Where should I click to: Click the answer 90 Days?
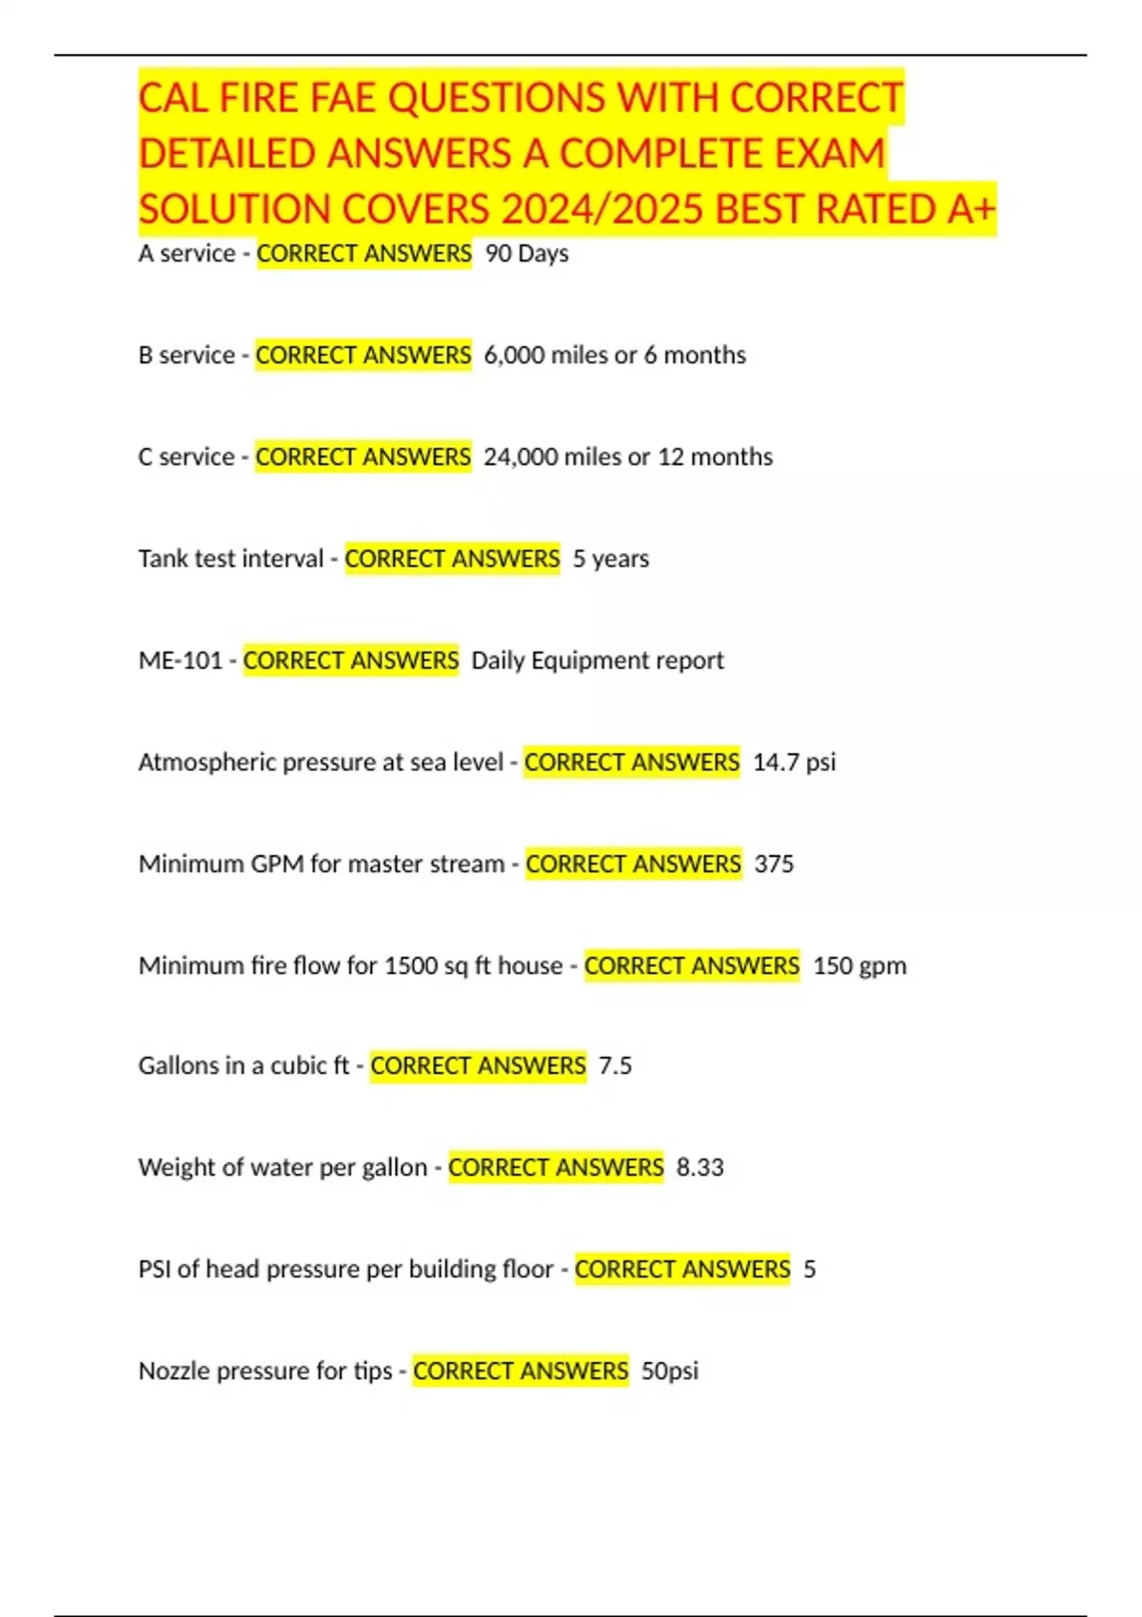point(526,254)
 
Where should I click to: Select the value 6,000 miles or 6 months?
point(615,356)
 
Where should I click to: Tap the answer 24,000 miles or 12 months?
point(628,458)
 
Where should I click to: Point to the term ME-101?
point(180,661)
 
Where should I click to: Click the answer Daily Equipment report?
point(598,661)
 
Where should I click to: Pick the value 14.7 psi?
point(794,763)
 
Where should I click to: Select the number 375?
point(774,865)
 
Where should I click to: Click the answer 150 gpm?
point(859,966)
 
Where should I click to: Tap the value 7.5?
point(615,1066)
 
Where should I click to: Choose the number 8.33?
point(699,1168)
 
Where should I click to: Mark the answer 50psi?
point(670,1372)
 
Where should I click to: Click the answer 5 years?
point(611,559)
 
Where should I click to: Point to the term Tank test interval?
point(230,559)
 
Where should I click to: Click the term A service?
point(187,254)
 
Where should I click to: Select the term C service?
point(187,458)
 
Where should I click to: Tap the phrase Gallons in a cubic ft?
point(244,1066)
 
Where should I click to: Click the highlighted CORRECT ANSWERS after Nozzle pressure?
point(521,1372)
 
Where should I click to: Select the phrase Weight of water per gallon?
point(283,1168)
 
